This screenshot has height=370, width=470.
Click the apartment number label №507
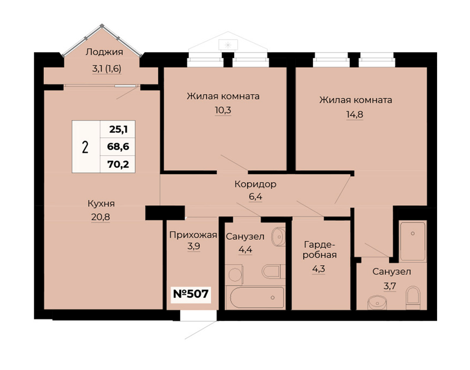pos(191,294)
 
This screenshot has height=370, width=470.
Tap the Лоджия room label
pos(104,52)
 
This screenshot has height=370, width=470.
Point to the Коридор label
pos(255,184)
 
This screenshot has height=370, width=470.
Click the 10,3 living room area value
pos(223,110)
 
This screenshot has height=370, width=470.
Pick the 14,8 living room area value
pos(355,114)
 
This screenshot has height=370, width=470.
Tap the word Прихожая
pos(193,235)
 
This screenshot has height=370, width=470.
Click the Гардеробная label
pos(320,250)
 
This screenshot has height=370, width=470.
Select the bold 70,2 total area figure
pos(118,164)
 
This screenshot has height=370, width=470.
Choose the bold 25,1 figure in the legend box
pos(119,129)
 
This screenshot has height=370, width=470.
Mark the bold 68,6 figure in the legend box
pos(118,147)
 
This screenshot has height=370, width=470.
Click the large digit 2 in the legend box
pos(85,147)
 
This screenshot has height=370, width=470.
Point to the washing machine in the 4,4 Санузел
pos(234,274)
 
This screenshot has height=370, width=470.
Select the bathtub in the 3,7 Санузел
pos(413,241)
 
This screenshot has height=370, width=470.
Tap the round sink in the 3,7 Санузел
pos(376,302)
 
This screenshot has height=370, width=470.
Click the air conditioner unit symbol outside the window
pos(228,45)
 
